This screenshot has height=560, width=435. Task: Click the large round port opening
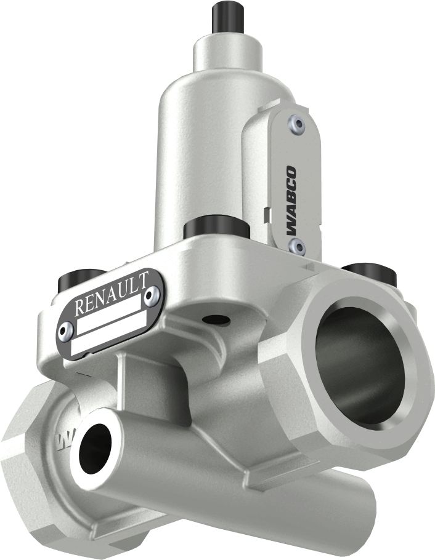(x=360, y=363)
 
